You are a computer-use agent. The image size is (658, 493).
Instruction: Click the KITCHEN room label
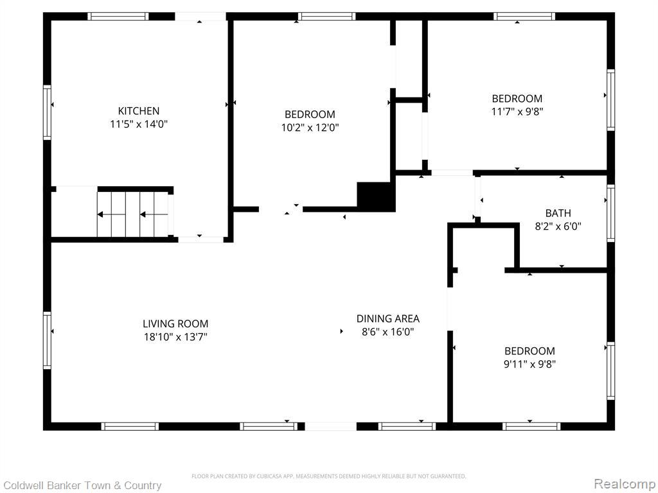(139, 110)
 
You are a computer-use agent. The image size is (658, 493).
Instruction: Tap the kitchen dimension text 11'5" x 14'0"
(139, 124)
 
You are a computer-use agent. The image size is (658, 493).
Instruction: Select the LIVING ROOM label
(175, 324)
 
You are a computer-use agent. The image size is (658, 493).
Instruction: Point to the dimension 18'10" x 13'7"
(175, 336)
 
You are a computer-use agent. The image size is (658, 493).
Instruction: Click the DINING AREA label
(387, 318)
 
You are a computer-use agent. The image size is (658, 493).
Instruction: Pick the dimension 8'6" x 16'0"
(387, 332)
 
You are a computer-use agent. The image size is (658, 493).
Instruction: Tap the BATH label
(558, 213)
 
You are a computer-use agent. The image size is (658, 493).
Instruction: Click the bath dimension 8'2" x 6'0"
(558, 227)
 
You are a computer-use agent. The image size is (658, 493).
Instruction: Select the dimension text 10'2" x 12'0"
(310, 128)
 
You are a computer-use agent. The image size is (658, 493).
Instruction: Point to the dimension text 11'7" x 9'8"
(517, 112)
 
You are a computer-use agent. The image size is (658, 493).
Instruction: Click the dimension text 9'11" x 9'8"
(529, 364)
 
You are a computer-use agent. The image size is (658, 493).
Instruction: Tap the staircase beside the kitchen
(132, 214)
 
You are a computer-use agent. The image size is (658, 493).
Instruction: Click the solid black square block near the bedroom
(376, 196)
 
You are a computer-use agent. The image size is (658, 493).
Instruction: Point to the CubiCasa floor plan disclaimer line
(328, 476)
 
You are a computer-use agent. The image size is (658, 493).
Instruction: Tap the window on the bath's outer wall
(610, 213)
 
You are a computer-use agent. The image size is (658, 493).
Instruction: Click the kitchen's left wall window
(47, 112)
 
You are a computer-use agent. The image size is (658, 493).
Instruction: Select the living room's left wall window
(47, 340)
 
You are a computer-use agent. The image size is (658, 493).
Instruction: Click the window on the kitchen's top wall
(118, 16)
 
